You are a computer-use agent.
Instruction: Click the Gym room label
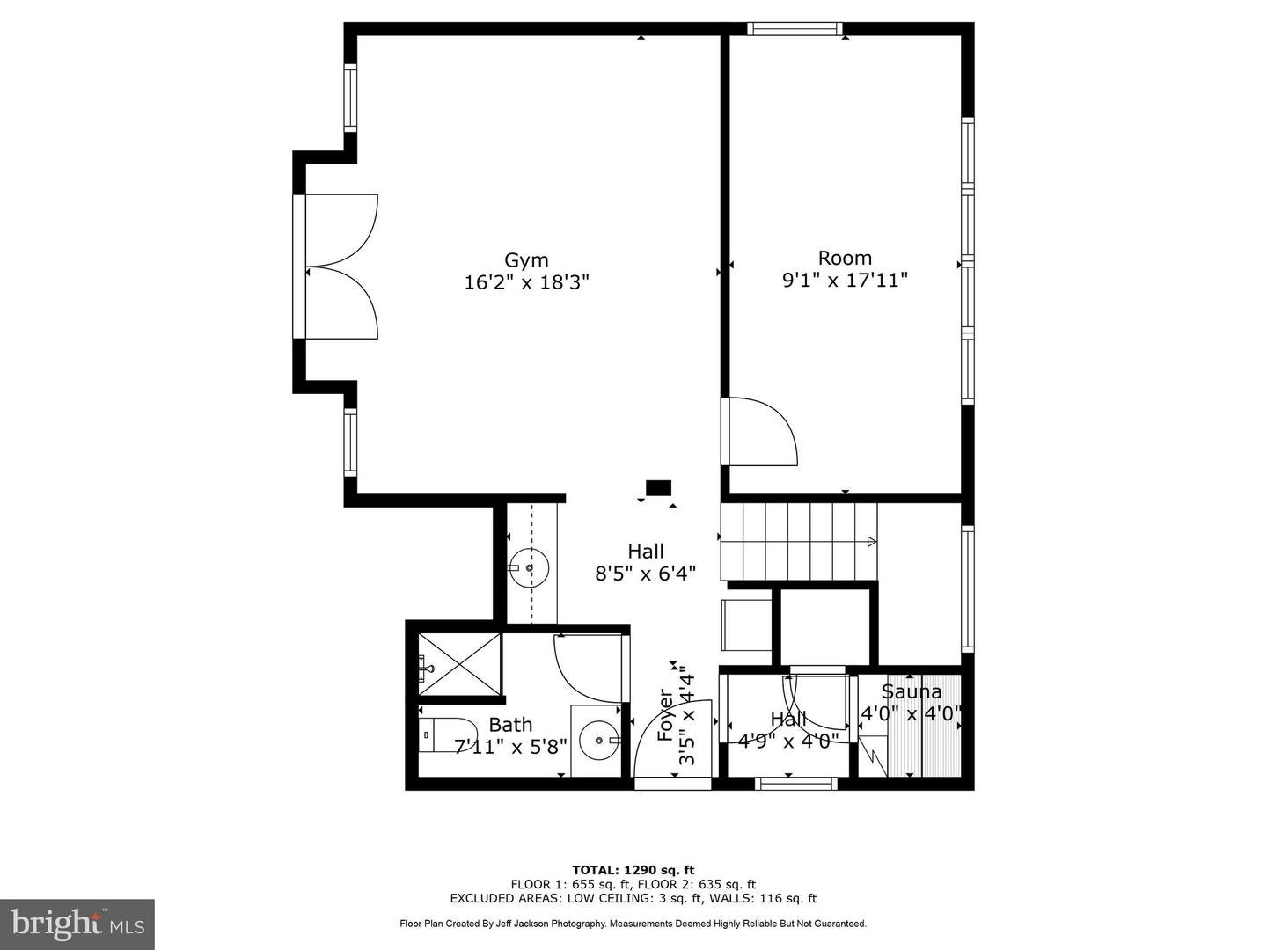pos(526,260)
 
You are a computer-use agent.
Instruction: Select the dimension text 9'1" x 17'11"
pos(845,281)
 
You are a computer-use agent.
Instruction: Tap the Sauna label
pos(912,692)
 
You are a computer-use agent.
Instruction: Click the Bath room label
pos(510,725)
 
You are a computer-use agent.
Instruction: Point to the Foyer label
pos(666,714)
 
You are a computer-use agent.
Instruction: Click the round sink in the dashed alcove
pos(530,567)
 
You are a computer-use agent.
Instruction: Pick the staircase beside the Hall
pos(799,542)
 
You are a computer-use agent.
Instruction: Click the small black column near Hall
pos(658,487)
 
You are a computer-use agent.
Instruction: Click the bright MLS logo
pos(77,924)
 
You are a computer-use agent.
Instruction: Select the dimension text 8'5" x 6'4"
pos(646,574)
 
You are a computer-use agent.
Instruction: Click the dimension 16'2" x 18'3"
pos(526,283)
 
